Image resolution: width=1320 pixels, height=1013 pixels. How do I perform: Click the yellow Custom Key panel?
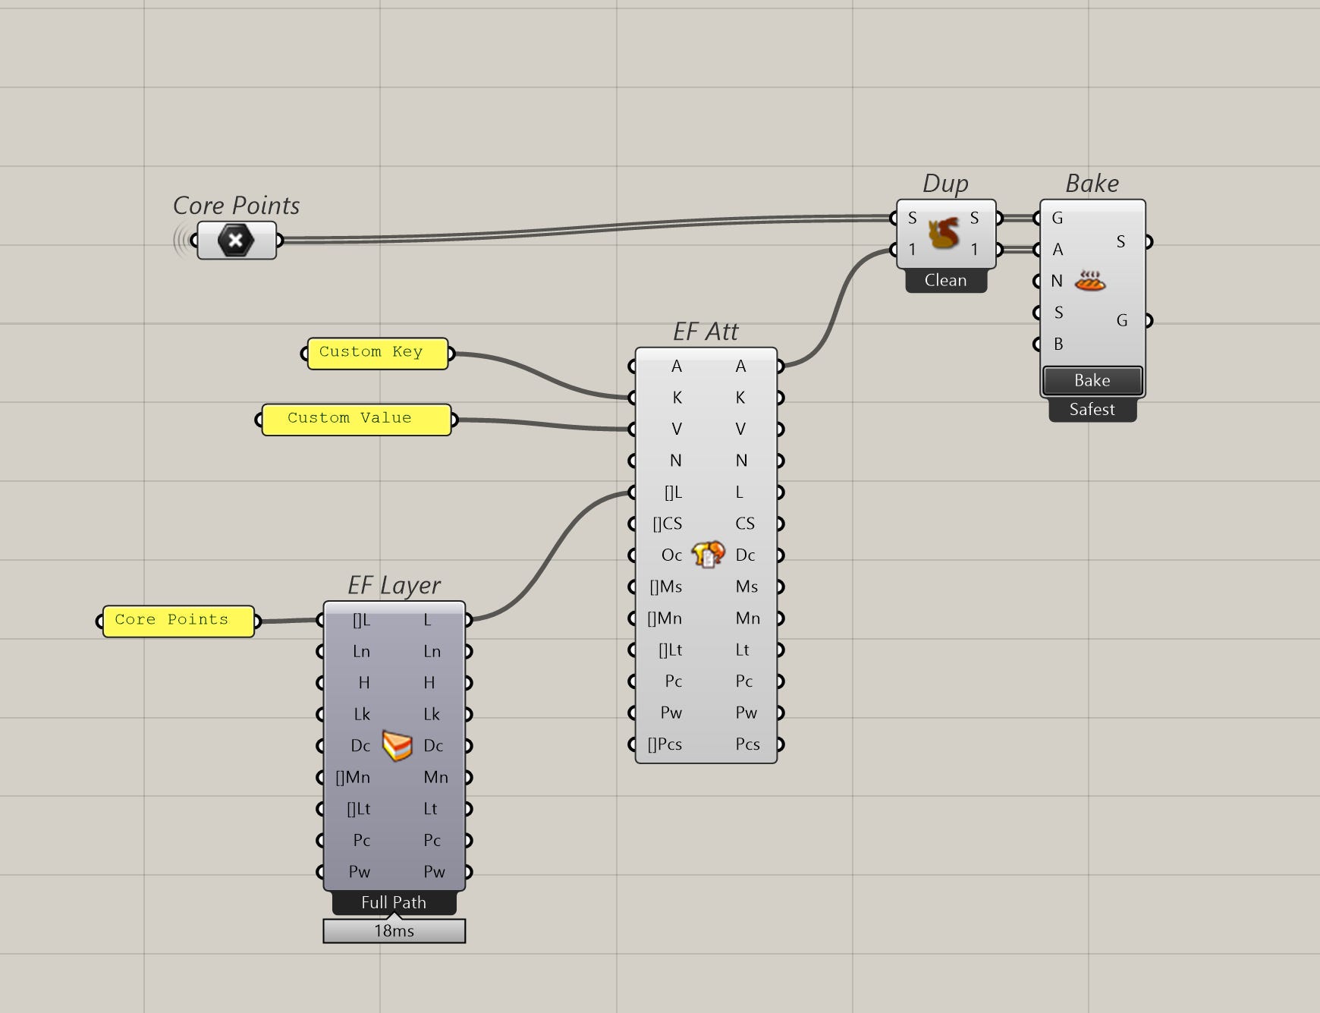pos(377,354)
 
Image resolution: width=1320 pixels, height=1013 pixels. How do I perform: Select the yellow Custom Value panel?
pos(356,420)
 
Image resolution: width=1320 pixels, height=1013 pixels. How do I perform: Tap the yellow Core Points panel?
pos(178,621)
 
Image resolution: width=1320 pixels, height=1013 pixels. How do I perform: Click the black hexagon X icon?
pos(236,241)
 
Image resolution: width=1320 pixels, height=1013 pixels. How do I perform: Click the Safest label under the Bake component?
pos(1092,410)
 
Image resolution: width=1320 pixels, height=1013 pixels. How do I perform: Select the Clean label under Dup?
pos(945,281)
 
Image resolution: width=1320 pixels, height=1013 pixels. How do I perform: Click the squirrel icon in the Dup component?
pos(944,233)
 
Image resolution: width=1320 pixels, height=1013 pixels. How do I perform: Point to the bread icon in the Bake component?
pos(1090,282)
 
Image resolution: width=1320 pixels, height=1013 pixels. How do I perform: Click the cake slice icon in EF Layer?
pos(397,745)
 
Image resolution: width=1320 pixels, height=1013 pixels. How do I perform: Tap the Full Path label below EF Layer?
pos(394,903)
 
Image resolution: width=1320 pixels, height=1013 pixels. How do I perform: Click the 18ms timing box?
pos(394,931)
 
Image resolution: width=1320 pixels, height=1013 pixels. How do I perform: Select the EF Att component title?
pos(706,332)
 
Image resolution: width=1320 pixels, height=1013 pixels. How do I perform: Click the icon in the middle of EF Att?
pos(708,555)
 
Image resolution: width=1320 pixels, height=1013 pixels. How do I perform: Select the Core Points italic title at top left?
pos(236,206)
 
